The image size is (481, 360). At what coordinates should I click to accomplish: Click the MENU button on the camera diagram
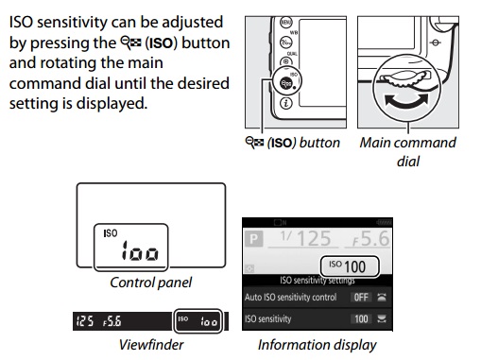click(x=286, y=23)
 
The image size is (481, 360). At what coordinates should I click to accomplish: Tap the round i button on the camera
click(x=286, y=103)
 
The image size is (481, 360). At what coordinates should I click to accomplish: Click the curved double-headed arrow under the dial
click(x=406, y=101)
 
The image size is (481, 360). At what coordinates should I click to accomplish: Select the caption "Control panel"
click(x=150, y=283)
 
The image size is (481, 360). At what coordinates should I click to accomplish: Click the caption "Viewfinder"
click(x=151, y=345)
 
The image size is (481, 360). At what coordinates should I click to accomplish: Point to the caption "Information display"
click(x=317, y=345)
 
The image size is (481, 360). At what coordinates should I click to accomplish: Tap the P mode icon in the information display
click(x=253, y=239)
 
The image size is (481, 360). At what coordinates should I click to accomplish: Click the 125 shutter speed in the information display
click(x=305, y=238)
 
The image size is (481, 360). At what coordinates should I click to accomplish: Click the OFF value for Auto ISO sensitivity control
click(x=361, y=297)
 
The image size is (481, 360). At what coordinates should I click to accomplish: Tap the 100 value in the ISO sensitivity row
click(x=361, y=319)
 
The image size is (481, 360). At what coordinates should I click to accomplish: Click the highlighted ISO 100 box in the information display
click(x=350, y=266)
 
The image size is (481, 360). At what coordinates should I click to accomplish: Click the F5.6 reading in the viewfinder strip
click(x=112, y=321)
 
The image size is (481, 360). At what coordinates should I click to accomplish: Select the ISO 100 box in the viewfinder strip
click(x=198, y=320)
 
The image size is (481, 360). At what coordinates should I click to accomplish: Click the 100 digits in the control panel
click(x=141, y=251)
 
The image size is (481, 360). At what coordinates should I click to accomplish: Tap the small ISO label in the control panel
click(x=111, y=233)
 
